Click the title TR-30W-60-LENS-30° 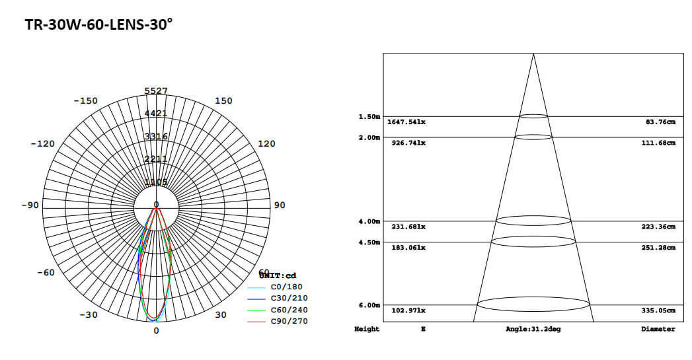pos(98,24)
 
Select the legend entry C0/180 pos(286,287)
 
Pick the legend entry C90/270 pos(289,321)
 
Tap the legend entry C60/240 pos(289,310)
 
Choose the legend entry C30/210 pos(289,299)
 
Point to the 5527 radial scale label pos(156,90)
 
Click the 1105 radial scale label pos(156,182)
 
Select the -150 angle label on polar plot pos(85,101)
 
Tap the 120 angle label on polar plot pos(266,143)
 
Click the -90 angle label pos(30,205)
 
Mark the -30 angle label pos(89,314)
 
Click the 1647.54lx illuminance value pos(406,122)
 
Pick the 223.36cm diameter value pos(661,227)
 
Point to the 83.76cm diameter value pos(663,122)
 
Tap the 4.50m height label pos(369,242)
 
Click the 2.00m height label pos(369,137)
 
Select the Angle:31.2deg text pos(533,329)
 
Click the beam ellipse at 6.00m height pos(533,305)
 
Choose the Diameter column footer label pos(658,329)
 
